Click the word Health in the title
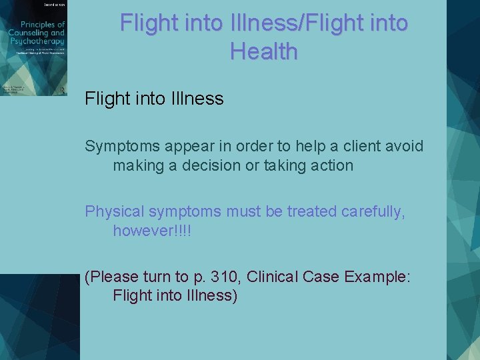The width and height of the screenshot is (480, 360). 263,50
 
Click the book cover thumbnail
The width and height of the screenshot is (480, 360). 33,48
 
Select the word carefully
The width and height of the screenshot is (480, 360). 372,211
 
